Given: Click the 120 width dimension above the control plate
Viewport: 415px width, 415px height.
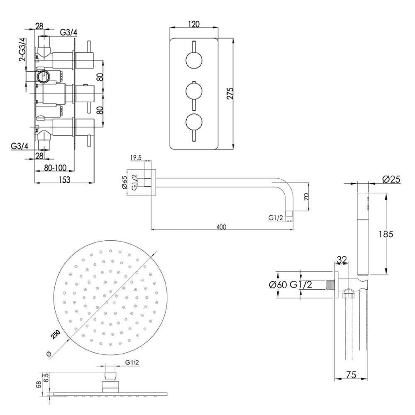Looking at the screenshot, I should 194,24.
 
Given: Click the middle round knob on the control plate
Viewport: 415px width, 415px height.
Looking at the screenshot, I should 194,91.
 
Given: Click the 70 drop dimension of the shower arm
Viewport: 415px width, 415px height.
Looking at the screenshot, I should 306,197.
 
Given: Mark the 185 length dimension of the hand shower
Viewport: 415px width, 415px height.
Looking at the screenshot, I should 386,234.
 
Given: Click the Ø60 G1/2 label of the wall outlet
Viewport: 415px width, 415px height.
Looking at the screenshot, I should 290,285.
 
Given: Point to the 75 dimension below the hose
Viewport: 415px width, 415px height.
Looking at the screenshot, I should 351,375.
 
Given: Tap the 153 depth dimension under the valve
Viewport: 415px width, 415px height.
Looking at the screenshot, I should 63,179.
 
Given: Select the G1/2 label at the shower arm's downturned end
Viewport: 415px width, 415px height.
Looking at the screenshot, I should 276,217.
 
